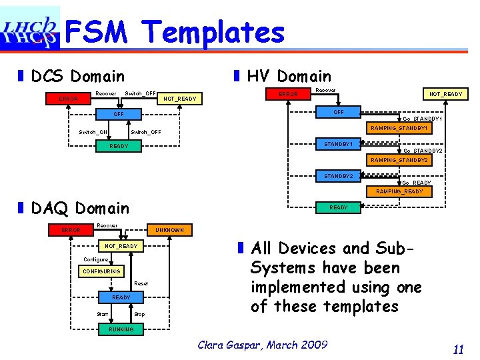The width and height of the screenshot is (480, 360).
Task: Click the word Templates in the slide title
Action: (x=213, y=32)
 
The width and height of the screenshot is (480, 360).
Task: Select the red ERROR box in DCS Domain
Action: (x=68, y=99)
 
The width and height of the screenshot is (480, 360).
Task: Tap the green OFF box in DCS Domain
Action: (x=119, y=114)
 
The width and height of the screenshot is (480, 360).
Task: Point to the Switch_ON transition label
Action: (x=93, y=132)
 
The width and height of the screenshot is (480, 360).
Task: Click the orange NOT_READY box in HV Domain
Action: (x=445, y=94)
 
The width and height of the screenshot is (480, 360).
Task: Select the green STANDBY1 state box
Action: (x=339, y=144)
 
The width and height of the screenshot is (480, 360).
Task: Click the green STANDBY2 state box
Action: (x=339, y=176)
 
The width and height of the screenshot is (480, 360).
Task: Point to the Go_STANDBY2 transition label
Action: (x=423, y=151)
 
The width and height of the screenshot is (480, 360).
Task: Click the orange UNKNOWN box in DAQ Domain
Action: (x=169, y=230)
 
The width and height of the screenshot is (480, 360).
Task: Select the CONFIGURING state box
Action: (x=101, y=271)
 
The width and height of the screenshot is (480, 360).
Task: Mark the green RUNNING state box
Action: (x=121, y=329)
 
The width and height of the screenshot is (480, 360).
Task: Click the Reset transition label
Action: (x=141, y=284)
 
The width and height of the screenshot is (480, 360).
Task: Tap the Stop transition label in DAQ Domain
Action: (x=139, y=314)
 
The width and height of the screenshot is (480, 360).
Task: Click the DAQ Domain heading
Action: (x=80, y=209)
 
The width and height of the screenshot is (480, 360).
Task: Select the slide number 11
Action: (x=457, y=349)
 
